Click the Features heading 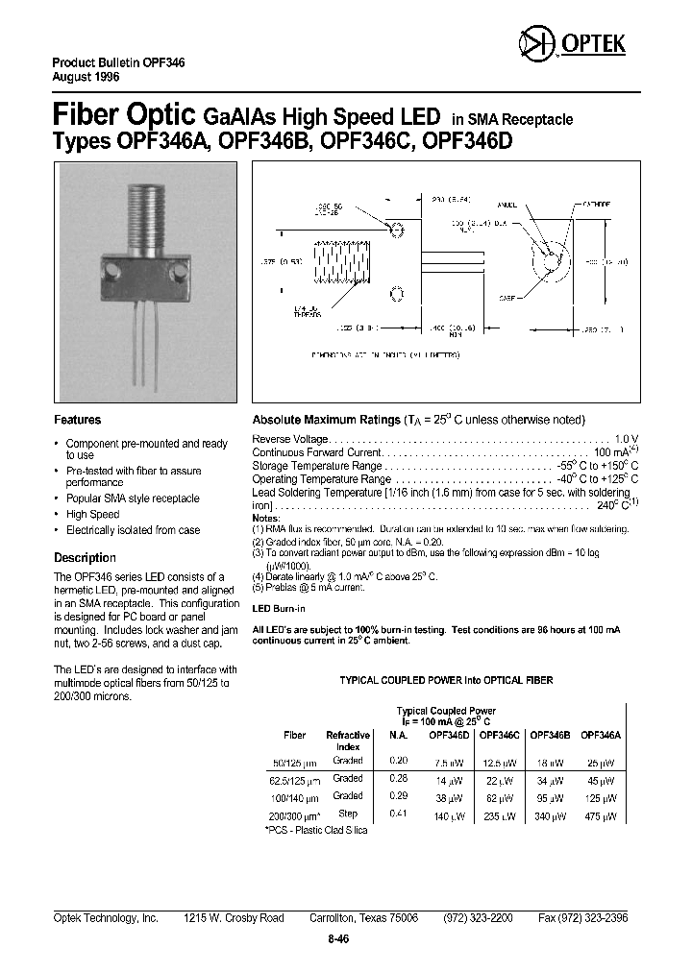77,420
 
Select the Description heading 85,558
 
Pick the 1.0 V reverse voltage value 627,438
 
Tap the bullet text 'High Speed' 92,515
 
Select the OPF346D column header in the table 449,735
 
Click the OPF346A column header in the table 601,735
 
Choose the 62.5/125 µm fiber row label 295,779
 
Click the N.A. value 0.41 398,814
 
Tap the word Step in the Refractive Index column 347,814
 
